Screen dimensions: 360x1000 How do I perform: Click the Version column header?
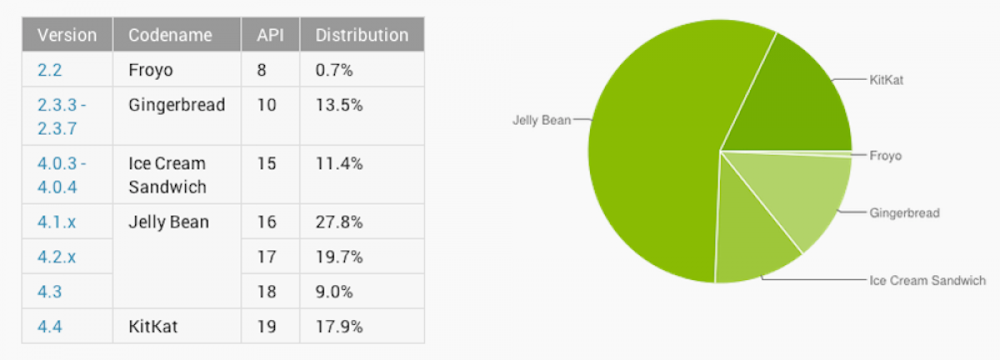[x=67, y=35]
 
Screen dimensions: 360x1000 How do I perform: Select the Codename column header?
[x=170, y=35]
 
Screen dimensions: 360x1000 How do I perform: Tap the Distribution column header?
[x=361, y=35]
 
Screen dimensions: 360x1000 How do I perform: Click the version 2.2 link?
[x=49, y=70]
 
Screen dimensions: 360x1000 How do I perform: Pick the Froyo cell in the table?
[x=151, y=70]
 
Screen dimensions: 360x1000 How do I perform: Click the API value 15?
[x=267, y=163]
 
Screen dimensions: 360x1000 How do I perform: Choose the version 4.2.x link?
[x=56, y=257]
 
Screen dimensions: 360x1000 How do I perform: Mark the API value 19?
[x=267, y=327]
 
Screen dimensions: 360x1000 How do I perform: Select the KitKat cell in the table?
[x=153, y=327]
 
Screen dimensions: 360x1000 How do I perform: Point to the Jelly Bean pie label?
[x=542, y=120]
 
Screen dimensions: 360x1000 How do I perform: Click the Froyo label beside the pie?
[x=886, y=156]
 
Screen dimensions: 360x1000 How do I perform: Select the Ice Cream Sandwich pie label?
[x=927, y=280]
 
